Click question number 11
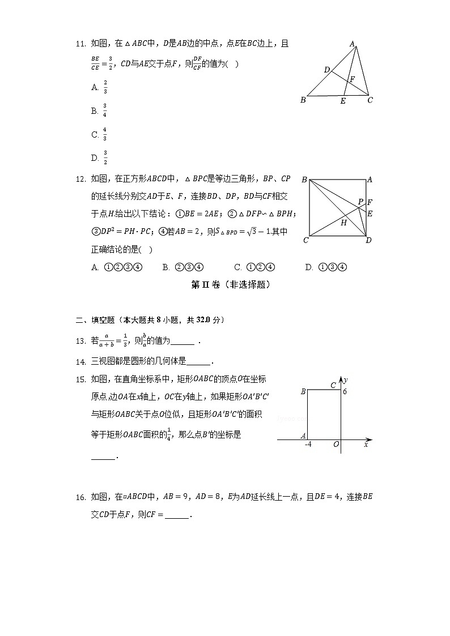point(80,44)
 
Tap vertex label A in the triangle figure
point(352,44)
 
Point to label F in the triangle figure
point(352,79)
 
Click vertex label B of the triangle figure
point(303,100)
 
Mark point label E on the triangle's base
point(342,101)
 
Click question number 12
point(80,180)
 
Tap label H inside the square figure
point(343,223)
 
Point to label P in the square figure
point(360,202)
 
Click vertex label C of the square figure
point(305,240)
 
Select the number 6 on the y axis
point(344,391)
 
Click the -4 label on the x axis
point(308,445)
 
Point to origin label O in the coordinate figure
point(336,445)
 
